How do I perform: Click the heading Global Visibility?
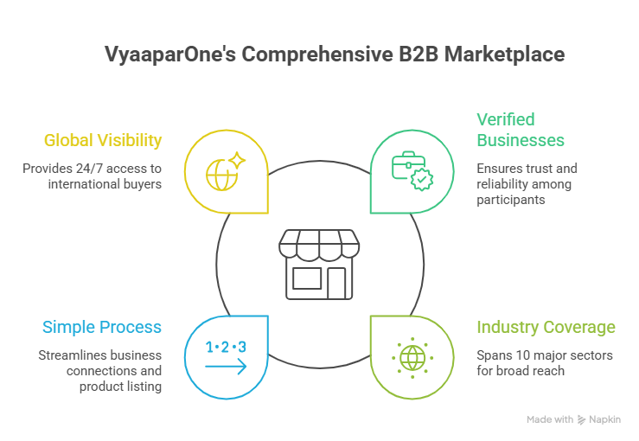103,140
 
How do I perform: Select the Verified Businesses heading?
521,130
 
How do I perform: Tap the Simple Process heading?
102,327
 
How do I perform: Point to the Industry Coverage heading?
546,327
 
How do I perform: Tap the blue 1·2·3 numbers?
226,348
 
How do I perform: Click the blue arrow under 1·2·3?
226,367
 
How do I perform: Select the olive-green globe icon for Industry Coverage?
412,356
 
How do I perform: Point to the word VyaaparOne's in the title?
169,54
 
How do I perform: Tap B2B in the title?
420,54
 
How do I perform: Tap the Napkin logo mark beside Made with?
581,420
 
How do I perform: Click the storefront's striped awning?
319,244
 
